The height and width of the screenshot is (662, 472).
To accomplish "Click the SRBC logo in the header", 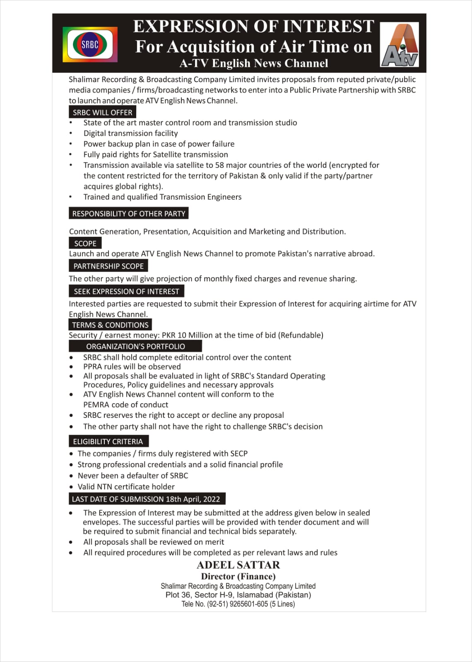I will pos(90,45).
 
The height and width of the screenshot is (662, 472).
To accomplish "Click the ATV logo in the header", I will pos(399,46).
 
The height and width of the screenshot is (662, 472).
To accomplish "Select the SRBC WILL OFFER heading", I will pos(102,112).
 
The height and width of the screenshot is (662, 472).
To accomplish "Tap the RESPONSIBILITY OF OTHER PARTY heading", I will pos(128,214).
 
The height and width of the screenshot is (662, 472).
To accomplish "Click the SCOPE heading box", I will pos(85,243).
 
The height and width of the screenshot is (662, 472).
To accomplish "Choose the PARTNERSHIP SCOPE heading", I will pos(108,266).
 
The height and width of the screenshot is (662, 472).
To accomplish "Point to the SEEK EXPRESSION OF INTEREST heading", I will pos(126,291).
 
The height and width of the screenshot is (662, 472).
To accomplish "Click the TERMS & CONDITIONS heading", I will pos(110,325).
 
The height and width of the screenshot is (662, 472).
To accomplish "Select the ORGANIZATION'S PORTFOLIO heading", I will pos(135,346).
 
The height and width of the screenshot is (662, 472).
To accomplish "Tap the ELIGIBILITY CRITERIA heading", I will pos(108,441).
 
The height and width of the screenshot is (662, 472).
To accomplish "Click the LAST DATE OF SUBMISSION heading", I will pos(146,499).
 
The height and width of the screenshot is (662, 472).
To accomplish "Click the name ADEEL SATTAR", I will pos(238,565).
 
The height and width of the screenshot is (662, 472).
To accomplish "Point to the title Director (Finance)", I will pos(238,576).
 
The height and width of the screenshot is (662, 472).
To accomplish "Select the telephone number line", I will pos(238,604).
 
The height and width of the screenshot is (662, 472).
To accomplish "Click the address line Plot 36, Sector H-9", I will pos(238,595).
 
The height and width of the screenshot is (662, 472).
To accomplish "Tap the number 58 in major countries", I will pos(219,165).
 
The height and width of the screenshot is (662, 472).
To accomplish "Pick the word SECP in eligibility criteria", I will pos(239,453).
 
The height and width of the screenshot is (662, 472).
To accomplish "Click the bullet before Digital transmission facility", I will pos(71,133).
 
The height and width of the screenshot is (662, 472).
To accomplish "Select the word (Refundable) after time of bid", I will pos(301,335).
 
